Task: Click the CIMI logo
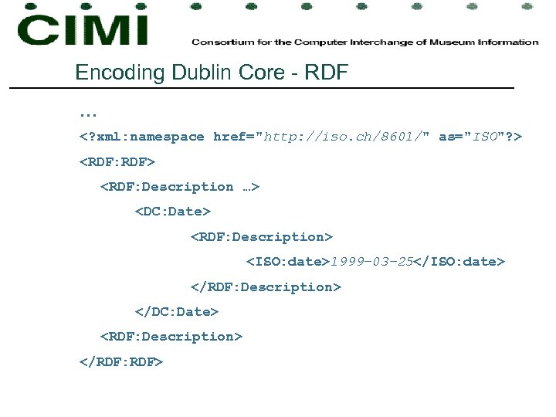[x=83, y=29]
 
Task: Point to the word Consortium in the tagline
[x=218, y=42]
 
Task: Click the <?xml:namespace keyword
[x=142, y=137]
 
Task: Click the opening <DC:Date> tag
[x=173, y=211]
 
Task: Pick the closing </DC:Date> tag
[x=177, y=311]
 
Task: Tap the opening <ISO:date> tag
[x=288, y=262]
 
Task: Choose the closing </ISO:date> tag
[x=459, y=262]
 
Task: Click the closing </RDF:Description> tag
[x=266, y=286]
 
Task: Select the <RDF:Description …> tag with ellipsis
[x=180, y=186]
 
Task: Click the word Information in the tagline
[x=510, y=42]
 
